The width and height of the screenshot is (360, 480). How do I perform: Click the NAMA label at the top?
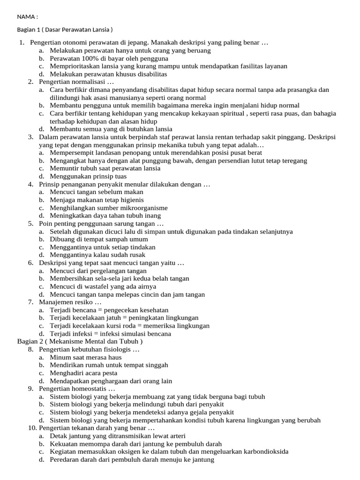tap(27, 17)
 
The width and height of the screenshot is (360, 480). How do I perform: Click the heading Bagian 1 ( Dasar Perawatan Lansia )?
tap(65, 30)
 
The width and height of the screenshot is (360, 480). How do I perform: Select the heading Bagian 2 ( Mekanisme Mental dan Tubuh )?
tap(80, 341)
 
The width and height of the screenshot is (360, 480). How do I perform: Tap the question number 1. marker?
tap(22, 43)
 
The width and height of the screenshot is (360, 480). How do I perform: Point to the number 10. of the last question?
tap(32, 428)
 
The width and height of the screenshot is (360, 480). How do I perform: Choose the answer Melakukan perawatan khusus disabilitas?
tap(108, 74)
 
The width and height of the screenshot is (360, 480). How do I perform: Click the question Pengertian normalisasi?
tap(76, 82)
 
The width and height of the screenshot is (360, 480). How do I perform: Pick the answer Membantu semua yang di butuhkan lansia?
tap(111, 129)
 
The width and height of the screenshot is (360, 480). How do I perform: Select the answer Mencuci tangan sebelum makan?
tap(97, 192)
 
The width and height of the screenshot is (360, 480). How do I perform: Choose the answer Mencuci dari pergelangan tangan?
tap(98, 270)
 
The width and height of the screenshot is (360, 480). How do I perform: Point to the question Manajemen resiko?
tap(70, 302)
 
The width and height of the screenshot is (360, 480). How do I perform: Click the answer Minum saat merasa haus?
tap(86, 357)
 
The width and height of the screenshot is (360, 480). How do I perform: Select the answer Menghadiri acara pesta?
tap(83, 373)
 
